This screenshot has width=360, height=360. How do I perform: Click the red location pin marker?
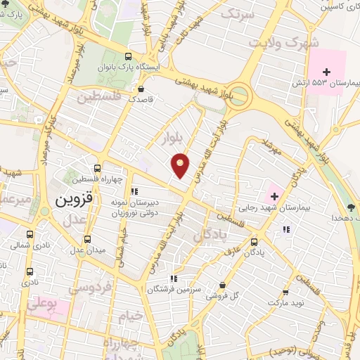click(181, 165)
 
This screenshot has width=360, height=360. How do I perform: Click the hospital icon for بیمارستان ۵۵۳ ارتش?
click(326, 71)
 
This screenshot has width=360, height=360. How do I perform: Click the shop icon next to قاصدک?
click(142, 90)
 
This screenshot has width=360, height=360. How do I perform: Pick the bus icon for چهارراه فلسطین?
click(97, 168)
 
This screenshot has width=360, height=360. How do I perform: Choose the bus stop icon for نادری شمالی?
click(30, 235)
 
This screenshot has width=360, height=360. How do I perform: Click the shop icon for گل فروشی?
click(222, 285)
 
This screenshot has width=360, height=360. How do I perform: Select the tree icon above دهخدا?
click(350, 207)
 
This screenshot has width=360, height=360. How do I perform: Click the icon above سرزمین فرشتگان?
click(174, 278)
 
